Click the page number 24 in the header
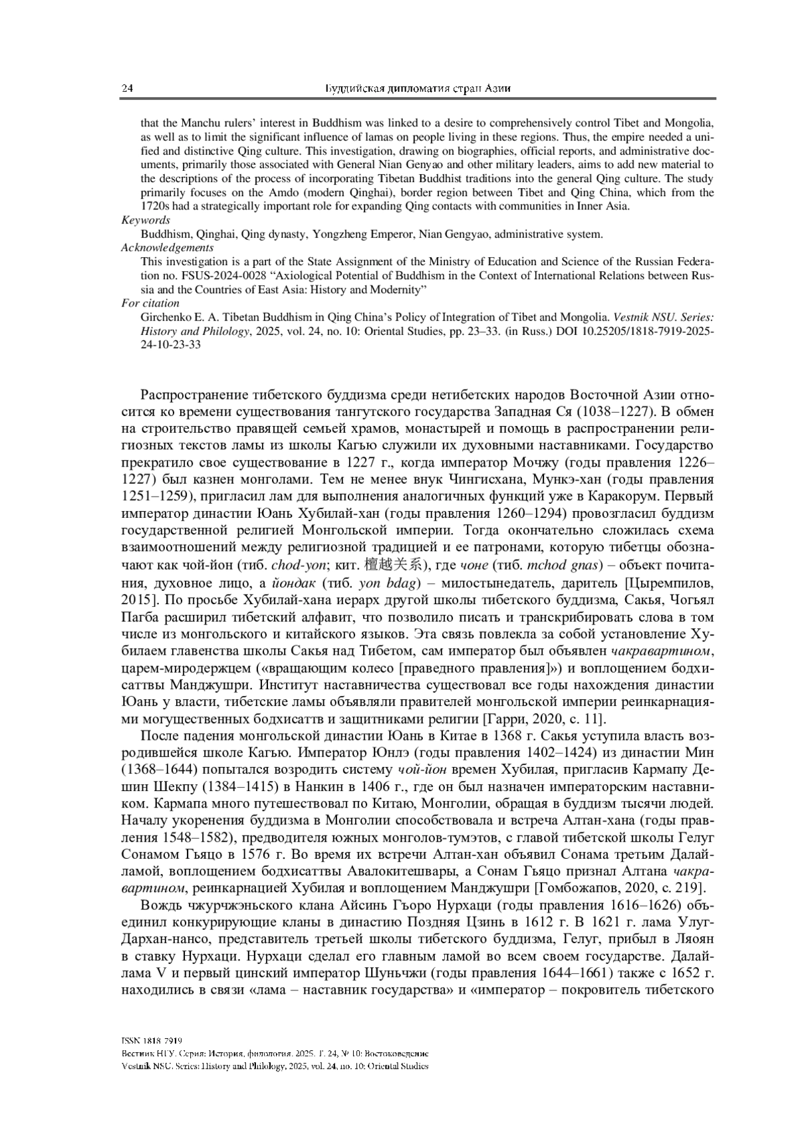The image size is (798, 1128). click(126, 89)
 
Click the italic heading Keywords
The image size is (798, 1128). click(146, 220)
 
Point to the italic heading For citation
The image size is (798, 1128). click(150, 303)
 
